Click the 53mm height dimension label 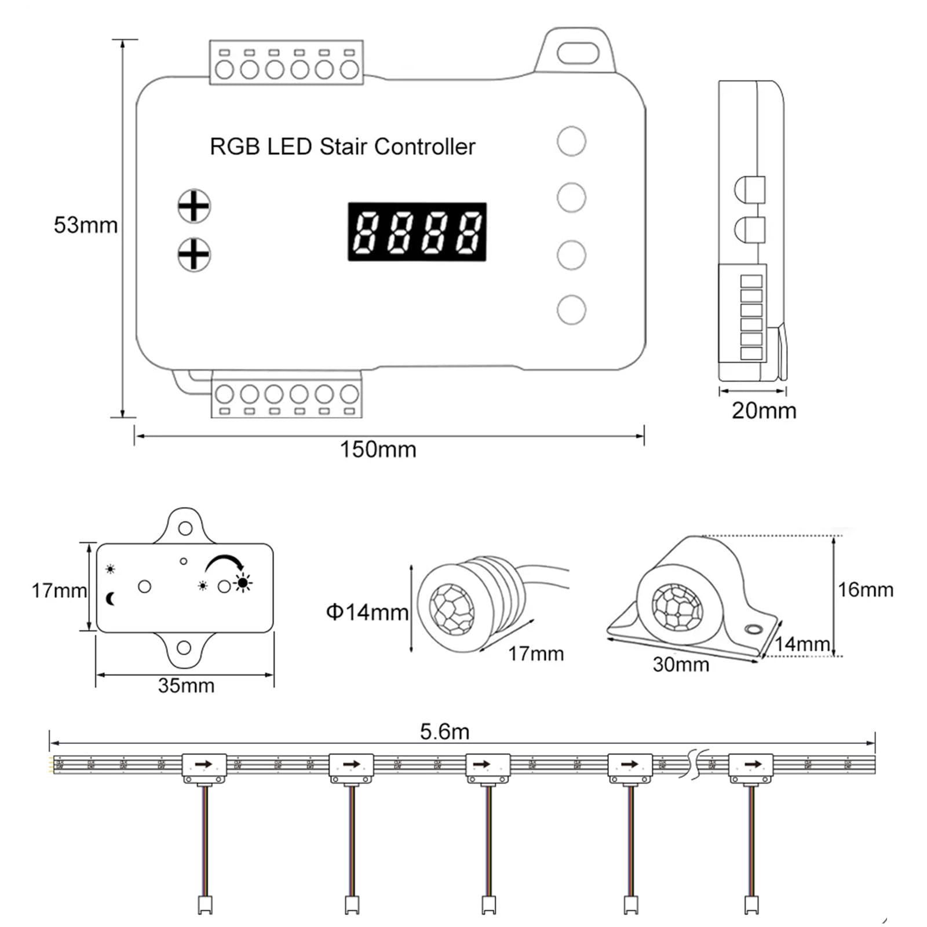pyautogui.click(x=85, y=225)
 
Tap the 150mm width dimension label pyautogui.click(x=378, y=450)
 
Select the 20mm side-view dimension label pyautogui.click(x=764, y=410)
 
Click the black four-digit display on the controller pyautogui.click(x=417, y=232)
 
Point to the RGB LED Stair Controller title pyautogui.click(x=342, y=147)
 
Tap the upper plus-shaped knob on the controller pyautogui.click(x=194, y=206)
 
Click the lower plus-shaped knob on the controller pyautogui.click(x=194, y=254)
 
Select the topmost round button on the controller pyautogui.click(x=571, y=141)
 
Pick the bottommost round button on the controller pyautogui.click(x=571, y=309)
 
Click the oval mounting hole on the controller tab pyautogui.click(x=577, y=53)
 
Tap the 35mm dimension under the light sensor pyautogui.click(x=186, y=685)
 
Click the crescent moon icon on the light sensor pyautogui.click(x=111, y=598)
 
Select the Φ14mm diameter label pyautogui.click(x=367, y=612)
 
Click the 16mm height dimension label pyautogui.click(x=865, y=590)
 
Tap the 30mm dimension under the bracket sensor pyautogui.click(x=681, y=664)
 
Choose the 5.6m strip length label pyautogui.click(x=444, y=732)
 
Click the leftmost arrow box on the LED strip pyautogui.click(x=204, y=765)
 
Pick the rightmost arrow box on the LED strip pyautogui.click(x=750, y=765)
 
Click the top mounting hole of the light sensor pyautogui.click(x=185, y=528)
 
